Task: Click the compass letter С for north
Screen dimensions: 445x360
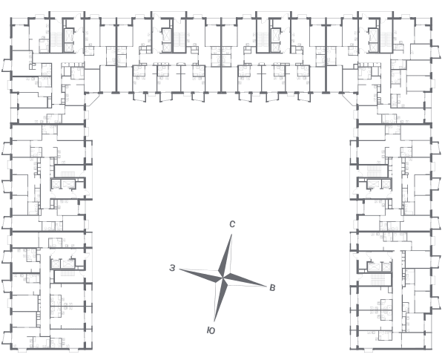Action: (x=232, y=224)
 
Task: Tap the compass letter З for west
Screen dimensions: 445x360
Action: (x=172, y=268)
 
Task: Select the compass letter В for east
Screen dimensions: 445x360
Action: (x=272, y=288)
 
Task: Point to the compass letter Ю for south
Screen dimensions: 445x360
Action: (x=211, y=330)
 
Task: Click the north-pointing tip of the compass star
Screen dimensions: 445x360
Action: (x=231, y=234)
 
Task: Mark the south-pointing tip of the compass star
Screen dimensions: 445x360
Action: (x=214, y=321)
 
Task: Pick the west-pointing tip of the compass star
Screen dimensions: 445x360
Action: (x=179, y=269)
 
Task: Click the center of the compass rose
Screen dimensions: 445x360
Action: (x=223, y=278)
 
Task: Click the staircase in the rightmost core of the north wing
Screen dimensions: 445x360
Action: (x=386, y=39)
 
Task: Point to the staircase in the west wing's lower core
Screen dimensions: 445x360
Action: (x=67, y=273)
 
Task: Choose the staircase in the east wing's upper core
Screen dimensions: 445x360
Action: (x=375, y=168)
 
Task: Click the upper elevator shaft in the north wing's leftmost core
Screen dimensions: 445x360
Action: (x=69, y=35)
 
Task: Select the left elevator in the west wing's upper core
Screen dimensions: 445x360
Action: (x=56, y=184)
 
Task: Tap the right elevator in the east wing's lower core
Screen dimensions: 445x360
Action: (x=386, y=266)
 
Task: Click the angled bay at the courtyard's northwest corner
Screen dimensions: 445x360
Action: (x=92, y=99)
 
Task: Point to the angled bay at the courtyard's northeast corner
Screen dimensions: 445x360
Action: (x=349, y=99)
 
